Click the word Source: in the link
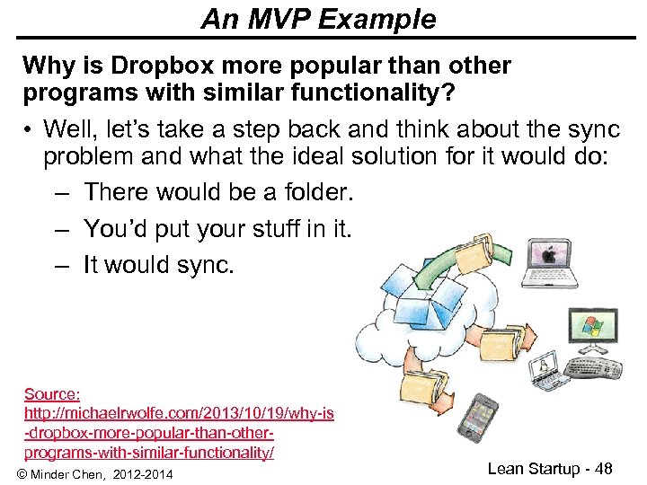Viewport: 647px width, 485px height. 52,394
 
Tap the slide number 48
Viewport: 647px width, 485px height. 602,468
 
